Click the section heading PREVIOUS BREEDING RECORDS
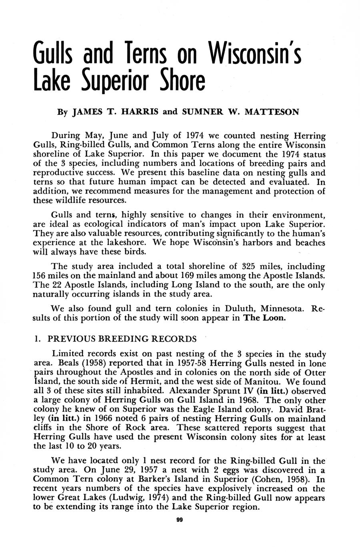tap(122, 339)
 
